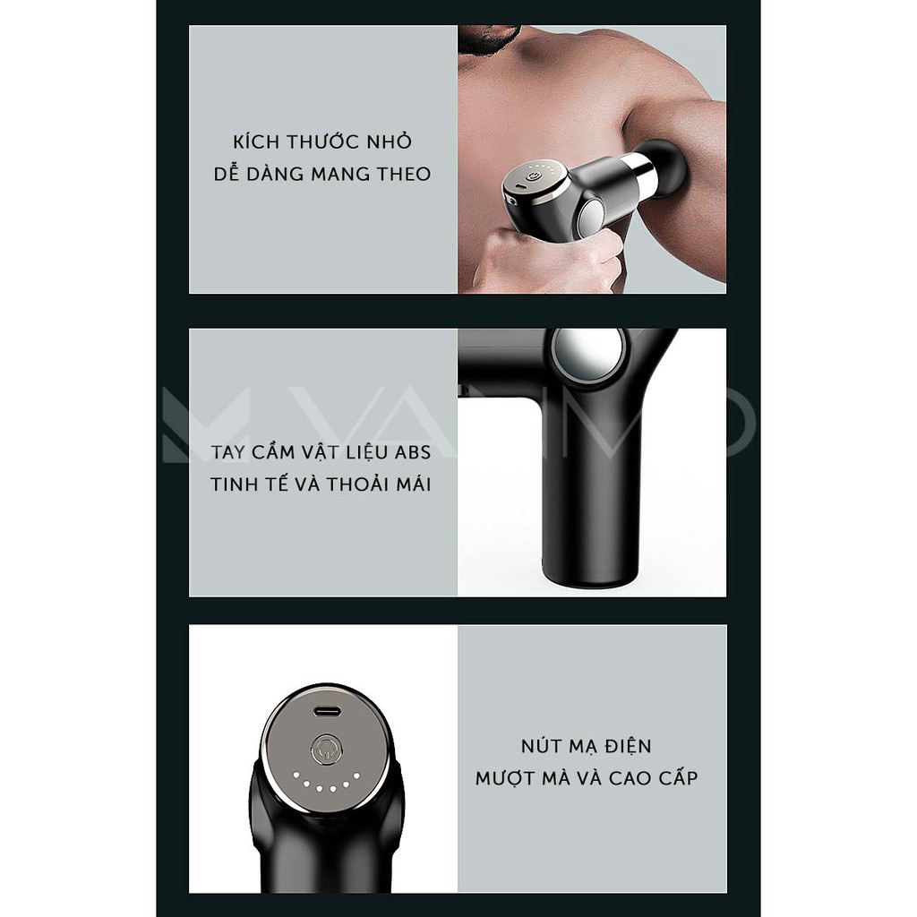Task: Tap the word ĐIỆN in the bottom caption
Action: pyautogui.click(x=625, y=746)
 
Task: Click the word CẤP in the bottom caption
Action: pyautogui.click(x=673, y=777)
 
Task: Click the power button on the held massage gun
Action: pyautogui.click(x=534, y=177)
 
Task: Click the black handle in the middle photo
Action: pyautogui.click(x=587, y=501)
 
